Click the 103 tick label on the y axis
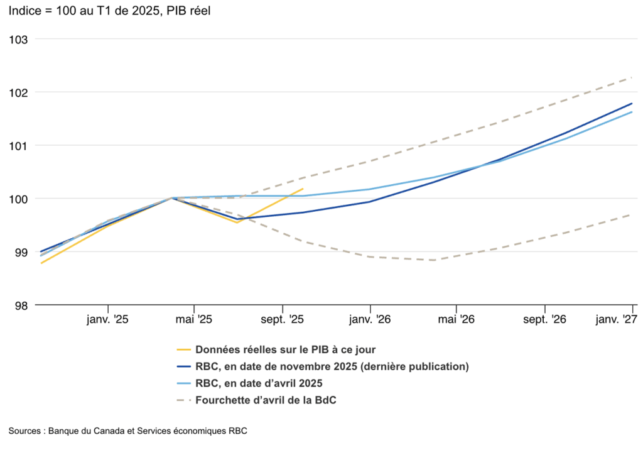pyautogui.click(x=19, y=39)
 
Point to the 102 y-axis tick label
pyautogui.click(x=19, y=92)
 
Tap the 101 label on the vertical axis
pyautogui.click(x=19, y=146)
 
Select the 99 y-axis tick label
pyautogui.click(x=21, y=253)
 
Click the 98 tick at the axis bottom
pyautogui.click(x=21, y=305)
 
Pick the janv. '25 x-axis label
pyautogui.click(x=107, y=319)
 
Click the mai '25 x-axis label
pyautogui.click(x=194, y=319)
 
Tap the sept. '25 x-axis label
pyautogui.click(x=283, y=319)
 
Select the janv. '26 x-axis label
pyautogui.click(x=370, y=319)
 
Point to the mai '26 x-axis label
pyautogui.click(x=457, y=319)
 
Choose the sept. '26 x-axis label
pyautogui.click(x=544, y=319)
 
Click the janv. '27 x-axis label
pyautogui.click(x=616, y=319)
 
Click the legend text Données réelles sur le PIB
pyautogui.click(x=286, y=349)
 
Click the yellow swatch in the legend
pyautogui.click(x=183, y=349)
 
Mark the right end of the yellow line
pyautogui.click(x=303, y=189)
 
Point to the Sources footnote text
pyautogui.click(x=132, y=431)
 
